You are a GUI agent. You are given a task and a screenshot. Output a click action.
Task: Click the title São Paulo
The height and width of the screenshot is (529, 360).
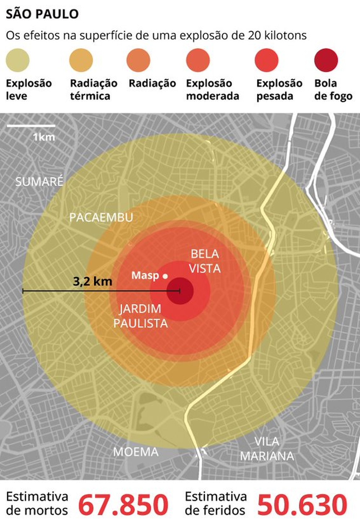tap(42, 14)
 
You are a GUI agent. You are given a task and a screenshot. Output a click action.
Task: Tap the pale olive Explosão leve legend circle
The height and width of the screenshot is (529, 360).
tap(17, 60)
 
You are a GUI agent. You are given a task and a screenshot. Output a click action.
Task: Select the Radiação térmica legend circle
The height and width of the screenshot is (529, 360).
tap(81, 60)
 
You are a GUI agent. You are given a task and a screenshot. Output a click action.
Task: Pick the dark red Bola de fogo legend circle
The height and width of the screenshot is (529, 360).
tap(326, 60)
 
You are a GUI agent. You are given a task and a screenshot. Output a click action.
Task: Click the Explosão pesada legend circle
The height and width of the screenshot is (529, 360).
tap(266, 60)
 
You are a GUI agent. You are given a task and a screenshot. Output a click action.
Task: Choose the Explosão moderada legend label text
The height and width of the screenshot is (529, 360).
tap(212, 90)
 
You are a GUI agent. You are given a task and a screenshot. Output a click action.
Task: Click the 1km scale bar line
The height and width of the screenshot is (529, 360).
tap(31, 126)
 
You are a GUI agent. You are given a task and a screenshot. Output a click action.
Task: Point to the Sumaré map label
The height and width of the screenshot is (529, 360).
tap(39, 181)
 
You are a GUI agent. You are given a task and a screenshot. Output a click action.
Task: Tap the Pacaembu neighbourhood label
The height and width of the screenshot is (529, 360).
tap(101, 217)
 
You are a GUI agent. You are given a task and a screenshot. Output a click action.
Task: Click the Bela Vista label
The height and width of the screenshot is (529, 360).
tap(205, 261)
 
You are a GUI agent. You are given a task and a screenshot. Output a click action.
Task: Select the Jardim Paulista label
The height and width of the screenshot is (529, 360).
tap(140, 316)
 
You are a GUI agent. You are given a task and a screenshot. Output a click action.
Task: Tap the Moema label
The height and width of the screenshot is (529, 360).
tap(136, 452)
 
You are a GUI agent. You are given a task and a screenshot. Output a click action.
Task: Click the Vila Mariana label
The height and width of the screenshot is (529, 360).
tap(267, 449)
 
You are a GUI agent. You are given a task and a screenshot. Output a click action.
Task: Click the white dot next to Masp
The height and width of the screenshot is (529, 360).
tap(165, 276)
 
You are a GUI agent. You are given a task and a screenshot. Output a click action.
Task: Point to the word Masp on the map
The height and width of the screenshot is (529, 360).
tap(145, 275)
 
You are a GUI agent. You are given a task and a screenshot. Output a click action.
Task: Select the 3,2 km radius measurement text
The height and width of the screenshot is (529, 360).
tap(93, 281)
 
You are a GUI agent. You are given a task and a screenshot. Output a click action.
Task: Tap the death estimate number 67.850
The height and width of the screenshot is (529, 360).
tap(123, 505)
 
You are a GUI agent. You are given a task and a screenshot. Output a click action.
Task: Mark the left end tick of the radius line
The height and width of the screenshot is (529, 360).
tap(23, 291)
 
